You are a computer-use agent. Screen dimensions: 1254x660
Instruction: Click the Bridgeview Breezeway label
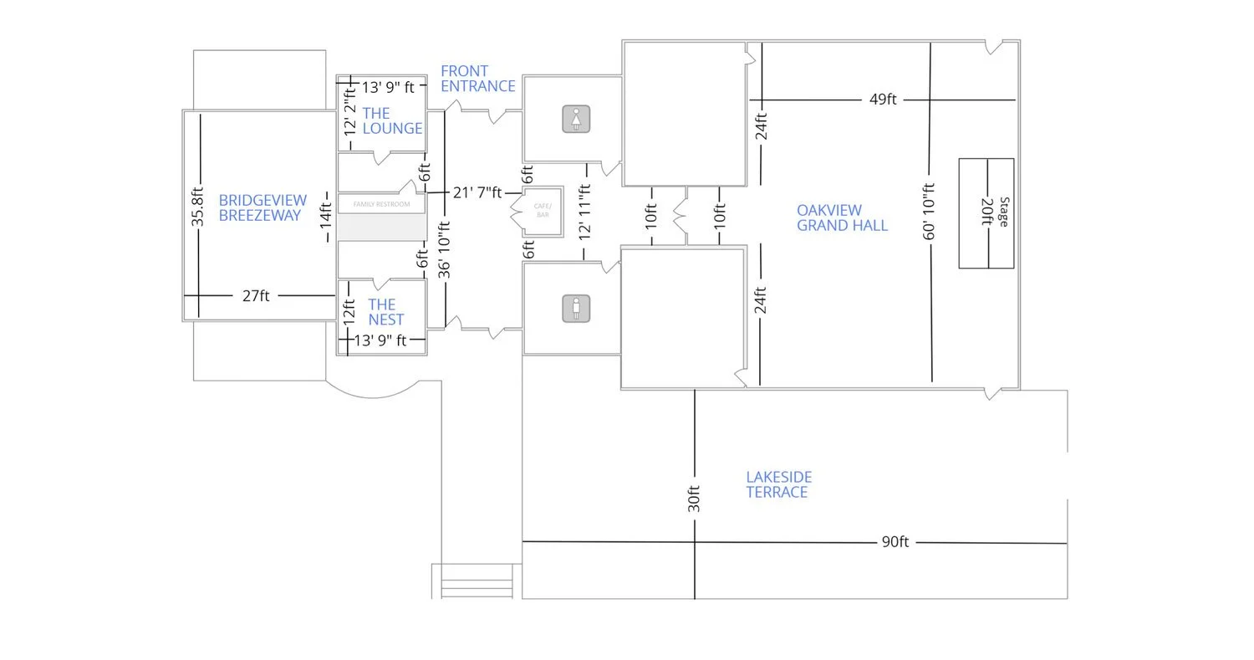coord(263,207)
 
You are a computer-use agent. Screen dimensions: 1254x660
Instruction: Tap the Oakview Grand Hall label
coord(841,217)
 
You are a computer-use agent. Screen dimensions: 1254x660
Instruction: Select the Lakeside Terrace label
coord(778,484)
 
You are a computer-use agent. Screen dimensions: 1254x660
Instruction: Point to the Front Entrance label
coord(477,79)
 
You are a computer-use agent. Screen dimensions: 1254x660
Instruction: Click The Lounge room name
coord(392,120)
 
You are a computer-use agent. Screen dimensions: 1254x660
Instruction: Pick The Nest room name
coord(385,312)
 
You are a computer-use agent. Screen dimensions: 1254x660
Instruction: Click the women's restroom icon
coord(576,119)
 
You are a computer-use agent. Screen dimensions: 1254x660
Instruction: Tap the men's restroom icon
coord(576,308)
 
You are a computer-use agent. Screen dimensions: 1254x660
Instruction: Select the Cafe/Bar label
coord(543,211)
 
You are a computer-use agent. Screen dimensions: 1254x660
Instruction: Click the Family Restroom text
coord(381,204)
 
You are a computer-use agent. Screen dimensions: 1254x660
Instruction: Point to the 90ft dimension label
coord(895,542)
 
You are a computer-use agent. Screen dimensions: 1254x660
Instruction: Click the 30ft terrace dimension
coord(694,499)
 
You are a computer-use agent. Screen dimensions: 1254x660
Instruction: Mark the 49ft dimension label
coord(883,100)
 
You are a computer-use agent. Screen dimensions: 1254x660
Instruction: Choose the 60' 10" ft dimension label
coord(930,212)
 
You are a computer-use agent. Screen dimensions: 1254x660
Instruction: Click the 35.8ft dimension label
coord(198,206)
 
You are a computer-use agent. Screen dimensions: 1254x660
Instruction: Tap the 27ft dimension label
coord(256,295)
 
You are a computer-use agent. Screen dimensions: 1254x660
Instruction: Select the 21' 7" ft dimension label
coord(477,192)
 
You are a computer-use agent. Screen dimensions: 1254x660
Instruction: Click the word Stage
coord(1004,212)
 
